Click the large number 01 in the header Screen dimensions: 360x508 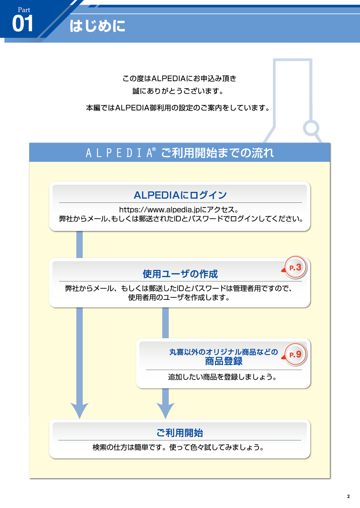click(x=22, y=23)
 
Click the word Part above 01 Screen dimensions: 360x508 click(x=24, y=10)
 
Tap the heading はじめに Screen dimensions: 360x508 click(x=97, y=26)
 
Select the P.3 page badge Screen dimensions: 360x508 click(x=295, y=267)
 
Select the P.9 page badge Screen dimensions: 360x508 click(x=295, y=354)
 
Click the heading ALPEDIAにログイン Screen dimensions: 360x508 click(x=180, y=195)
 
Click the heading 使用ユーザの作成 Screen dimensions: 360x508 click(x=180, y=274)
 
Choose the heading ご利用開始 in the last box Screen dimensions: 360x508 click(x=180, y=433)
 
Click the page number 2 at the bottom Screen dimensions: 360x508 click(x=348, y=496)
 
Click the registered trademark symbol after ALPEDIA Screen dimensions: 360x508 click(x=154, y=149)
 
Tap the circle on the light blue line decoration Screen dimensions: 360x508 click(x=311, y=128)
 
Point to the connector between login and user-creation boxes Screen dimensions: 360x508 click(x=79, y=245)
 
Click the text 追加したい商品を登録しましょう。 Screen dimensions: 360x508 click(x=222, y=377)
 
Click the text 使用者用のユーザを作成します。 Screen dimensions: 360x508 click(x=179, y=297)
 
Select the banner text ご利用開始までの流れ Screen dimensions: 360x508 click(x=217, y=153)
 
